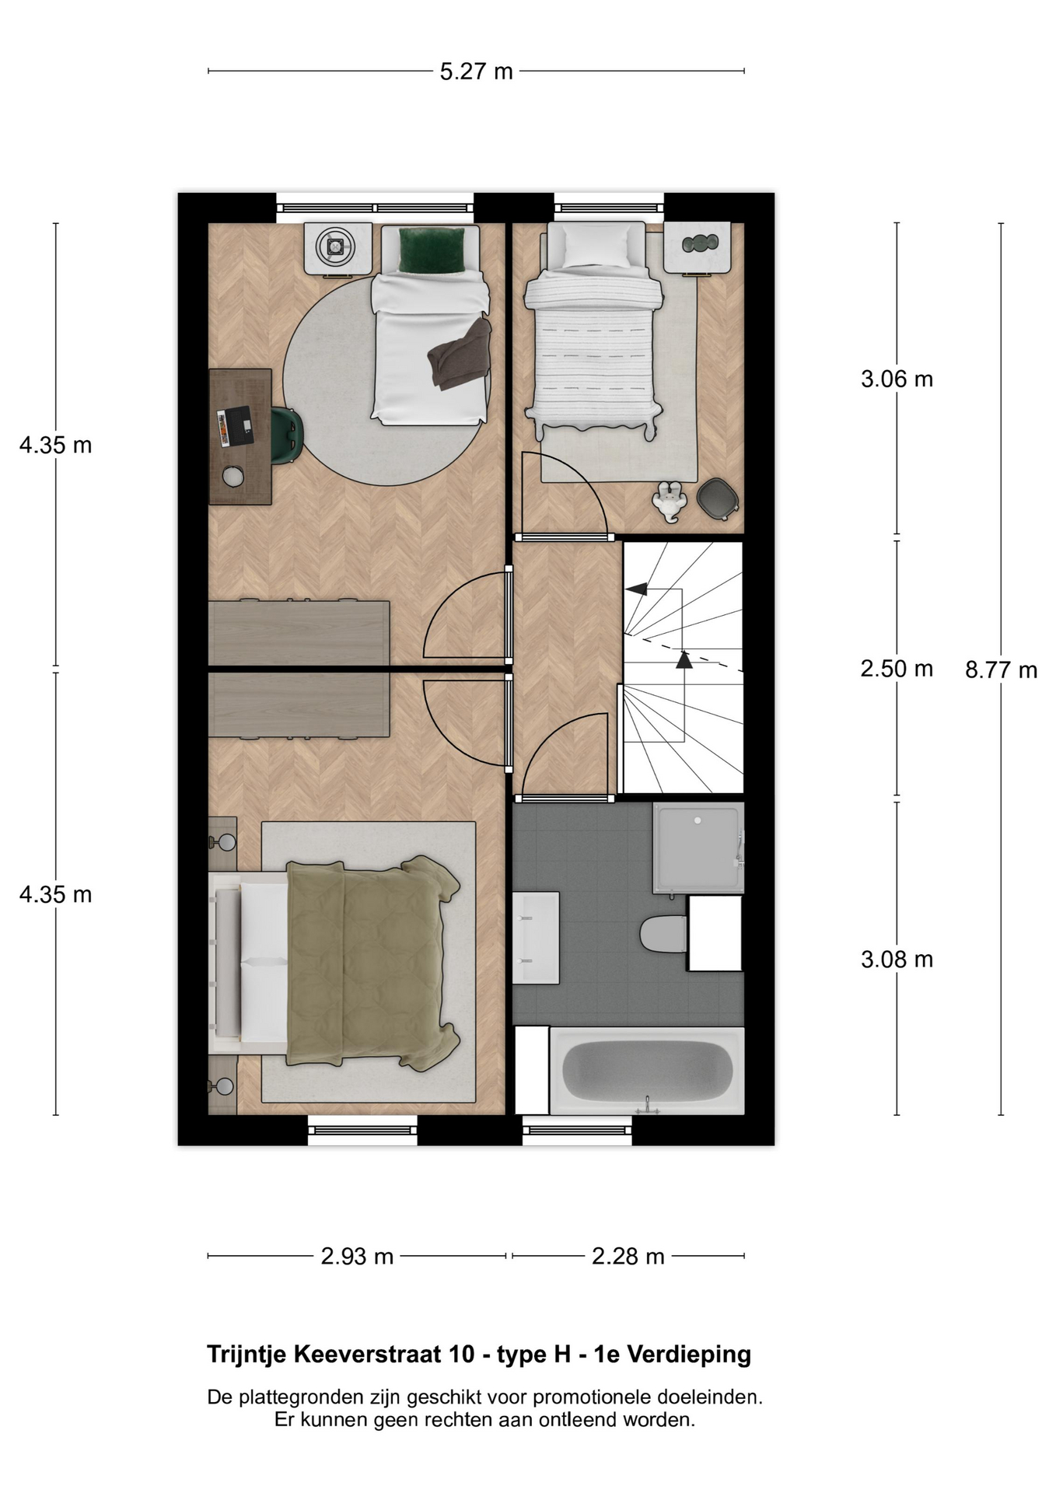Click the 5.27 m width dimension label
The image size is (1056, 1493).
coord(476,72)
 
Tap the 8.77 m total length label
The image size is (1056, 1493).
coord(1001,670)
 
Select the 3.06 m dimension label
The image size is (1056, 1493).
coord(897,379)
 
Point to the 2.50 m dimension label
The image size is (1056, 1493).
coord(897,668)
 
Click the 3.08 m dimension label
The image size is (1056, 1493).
coord(897,959)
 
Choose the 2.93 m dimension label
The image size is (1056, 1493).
coord(357,1256)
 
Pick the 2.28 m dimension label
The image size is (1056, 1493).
coord(628,1256)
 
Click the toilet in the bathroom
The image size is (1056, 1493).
coord(663,934)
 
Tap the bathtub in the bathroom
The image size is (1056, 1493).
coord(647,1071)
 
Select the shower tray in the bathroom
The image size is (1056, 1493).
coord(698,848)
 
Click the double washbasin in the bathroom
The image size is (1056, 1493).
coord(536,938)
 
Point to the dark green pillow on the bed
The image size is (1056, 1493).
coord(432,250)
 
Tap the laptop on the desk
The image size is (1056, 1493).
coord(235,426)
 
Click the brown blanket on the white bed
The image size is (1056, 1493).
coord(460,355)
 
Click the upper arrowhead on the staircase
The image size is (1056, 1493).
coord(637,589)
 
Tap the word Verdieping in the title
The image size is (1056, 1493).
coord(689,1355)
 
